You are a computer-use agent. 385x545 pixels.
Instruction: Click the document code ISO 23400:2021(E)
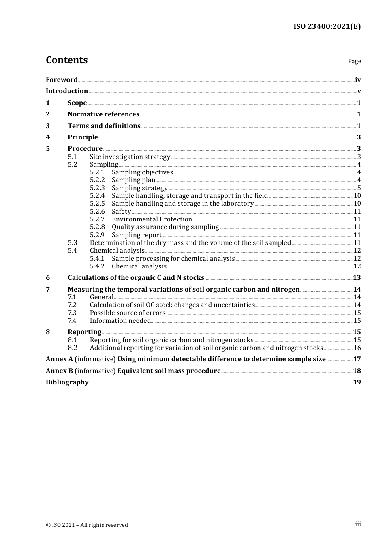327,26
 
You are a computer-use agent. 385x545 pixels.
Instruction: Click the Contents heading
66,60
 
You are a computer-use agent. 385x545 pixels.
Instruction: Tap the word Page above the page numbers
354,61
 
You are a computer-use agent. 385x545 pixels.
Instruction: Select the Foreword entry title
62,80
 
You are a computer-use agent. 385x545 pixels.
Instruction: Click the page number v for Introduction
359,91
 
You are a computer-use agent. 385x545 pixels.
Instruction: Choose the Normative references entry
103,114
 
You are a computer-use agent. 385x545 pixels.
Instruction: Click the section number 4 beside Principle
48,137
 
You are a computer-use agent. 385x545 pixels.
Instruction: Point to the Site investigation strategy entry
130,157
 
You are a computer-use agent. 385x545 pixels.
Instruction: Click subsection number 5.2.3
97,188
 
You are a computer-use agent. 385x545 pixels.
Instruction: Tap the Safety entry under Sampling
121,212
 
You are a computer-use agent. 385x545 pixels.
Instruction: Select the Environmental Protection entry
152,219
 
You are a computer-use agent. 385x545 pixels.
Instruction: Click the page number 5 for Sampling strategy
359,188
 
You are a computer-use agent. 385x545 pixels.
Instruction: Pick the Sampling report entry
137,235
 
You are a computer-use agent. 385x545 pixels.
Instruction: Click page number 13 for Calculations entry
357,278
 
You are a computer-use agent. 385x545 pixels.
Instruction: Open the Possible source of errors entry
127,313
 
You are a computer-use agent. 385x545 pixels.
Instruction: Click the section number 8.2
73,348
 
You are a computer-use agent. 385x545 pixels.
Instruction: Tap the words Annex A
59,359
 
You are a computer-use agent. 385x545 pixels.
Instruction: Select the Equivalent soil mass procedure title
169,371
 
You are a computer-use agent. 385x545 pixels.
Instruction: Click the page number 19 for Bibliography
357,382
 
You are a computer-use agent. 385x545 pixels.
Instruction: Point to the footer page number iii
358,524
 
